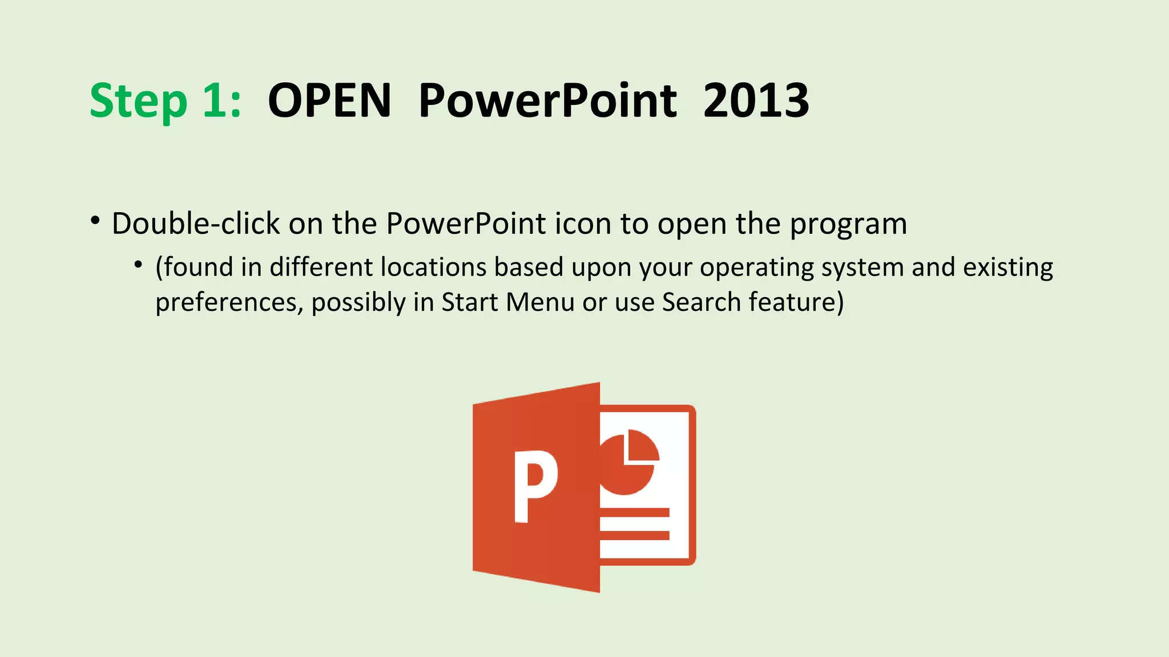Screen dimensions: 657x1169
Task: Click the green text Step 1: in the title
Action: (166, 101)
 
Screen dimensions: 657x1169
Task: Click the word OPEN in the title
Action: (329, 101)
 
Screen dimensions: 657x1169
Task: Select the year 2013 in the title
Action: (756, 101)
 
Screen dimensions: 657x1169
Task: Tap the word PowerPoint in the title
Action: (547, 101)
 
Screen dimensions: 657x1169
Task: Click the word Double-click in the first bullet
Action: (195, 224)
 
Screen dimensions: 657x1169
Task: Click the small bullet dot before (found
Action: (138, 265)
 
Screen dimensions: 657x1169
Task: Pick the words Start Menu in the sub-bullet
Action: (507, 302)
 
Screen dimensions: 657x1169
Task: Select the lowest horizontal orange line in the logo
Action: (634, 535)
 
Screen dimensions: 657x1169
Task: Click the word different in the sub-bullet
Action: (321, 267)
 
